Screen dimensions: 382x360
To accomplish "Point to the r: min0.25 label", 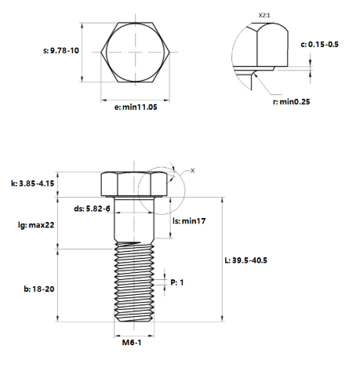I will (291, 101).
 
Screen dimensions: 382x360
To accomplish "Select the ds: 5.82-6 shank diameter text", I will (92, 209).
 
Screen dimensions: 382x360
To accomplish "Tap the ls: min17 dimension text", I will (187, 222).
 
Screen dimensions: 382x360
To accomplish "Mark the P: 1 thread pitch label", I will (177, 282).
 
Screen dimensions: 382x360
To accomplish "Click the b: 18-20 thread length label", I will (38, 289).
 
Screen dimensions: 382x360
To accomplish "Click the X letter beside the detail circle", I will (193, 169).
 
